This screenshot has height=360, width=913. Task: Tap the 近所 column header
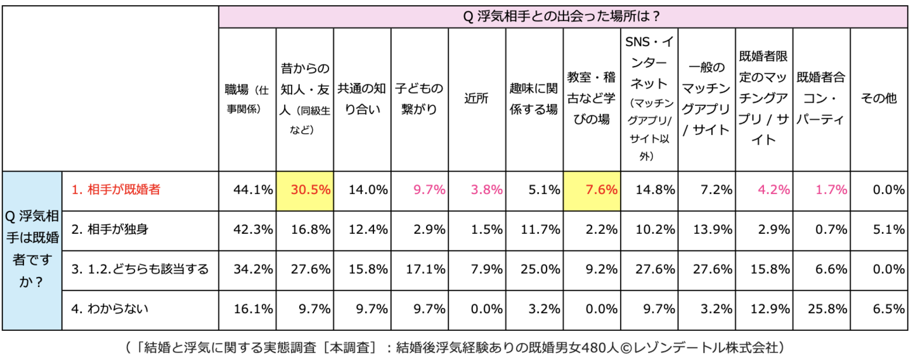pyautogui.click(x=476, y=99)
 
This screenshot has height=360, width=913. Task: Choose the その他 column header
pyautogui.click(x=878, y=99)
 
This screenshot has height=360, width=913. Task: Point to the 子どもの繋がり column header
pyautogui.click(x=419, y=99)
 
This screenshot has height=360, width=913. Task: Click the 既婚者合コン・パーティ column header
pyautogui.click(x=821, y=99)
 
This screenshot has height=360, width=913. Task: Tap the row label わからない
pyautogui.click(x=110, y=309)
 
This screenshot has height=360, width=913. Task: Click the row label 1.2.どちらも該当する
pyautogui.click(x=139, y=269)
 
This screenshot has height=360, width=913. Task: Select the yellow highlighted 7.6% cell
pyautogui.click(x=592, y=190)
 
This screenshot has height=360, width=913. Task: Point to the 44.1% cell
pyautogui.click(x=248, y=190)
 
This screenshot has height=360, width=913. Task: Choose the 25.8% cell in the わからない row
pyautogui.click(x=821, y=309)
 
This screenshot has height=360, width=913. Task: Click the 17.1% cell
pyautogui.click(x=419, y=269)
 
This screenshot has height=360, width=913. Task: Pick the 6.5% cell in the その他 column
pyautogui.click(x=878, y=309)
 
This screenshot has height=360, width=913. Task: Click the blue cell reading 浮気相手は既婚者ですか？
pyautogui.click(x=32, y=250)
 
